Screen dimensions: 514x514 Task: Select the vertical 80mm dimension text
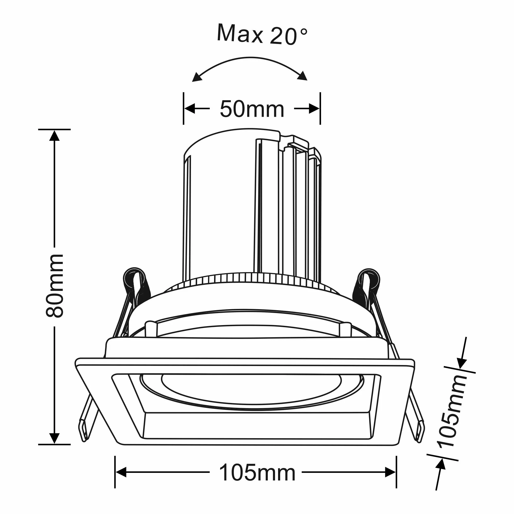(x=54, y=286)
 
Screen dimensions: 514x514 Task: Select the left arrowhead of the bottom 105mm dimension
(x=121, y=472)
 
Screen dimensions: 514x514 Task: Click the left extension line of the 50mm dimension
(x=183, y=108)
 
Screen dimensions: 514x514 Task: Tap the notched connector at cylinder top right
(x=295, y=144)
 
